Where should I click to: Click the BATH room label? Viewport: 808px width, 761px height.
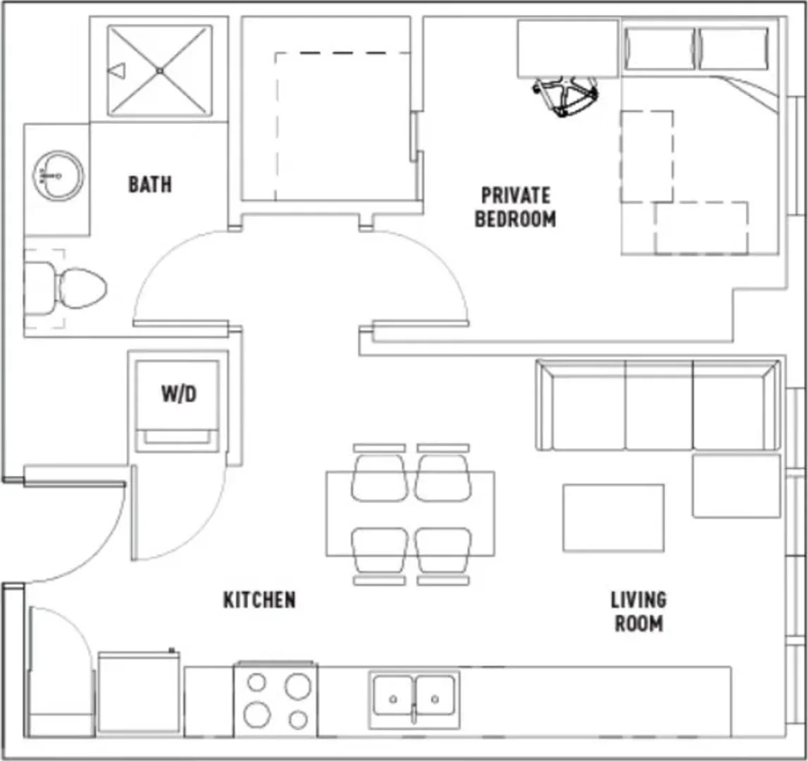click(x=150, y=184)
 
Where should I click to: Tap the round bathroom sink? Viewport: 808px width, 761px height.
click(x=58, y=175)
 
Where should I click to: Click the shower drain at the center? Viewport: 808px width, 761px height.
click(x=160, y=70)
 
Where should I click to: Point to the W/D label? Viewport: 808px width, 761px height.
click(x=179, y=395)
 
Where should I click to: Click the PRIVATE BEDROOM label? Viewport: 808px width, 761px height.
click(x=516, y=207)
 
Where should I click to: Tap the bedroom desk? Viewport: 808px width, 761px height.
click(x=568, y=49)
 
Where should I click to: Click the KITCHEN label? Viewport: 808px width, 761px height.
click(x=259, y=600)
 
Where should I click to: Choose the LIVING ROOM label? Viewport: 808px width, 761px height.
click(x=639, y=612)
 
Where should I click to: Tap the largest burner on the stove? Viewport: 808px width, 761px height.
click(x=257, y=714)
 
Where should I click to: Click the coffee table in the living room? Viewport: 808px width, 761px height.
click(x=613, y=518)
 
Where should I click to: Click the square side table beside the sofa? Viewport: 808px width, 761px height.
click(x=736, y=485)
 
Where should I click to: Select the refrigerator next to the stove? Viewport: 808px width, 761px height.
click(x=139, y=693)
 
